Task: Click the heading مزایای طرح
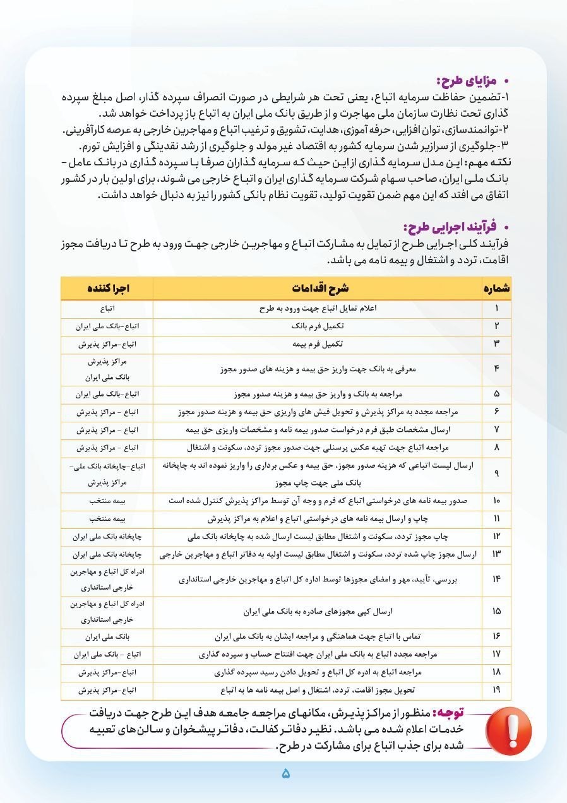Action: point(467,81)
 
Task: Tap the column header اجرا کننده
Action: point(107,288)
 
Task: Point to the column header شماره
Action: point(496,288)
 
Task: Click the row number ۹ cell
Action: point(496,474)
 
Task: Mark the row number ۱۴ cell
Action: point(496,580)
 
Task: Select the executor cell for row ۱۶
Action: point(107,636)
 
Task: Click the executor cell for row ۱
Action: point(107,309)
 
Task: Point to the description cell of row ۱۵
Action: point(318,612)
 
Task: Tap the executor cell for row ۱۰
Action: point(107,501)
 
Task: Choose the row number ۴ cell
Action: point(496,369)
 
